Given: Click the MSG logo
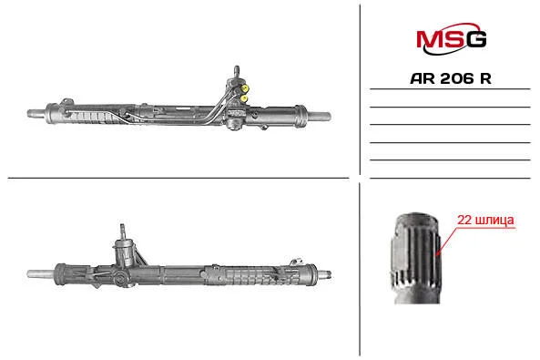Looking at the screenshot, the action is click(x=451, y=38).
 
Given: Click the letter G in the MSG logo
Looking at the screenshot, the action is click(x=475, y=39).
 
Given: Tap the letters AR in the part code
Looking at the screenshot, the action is click(x=423, y=78).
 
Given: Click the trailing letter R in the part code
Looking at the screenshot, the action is click(x=485, y=78).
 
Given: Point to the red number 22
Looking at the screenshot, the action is click(x=464, y=220).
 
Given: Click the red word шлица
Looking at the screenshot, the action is click(x=494, y=221).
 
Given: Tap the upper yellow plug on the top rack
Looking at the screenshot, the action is click(x=245, y=88).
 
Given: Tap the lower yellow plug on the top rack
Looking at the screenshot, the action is click(x=244, y=99).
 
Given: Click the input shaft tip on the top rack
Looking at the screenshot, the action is click(x=237, y=70).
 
